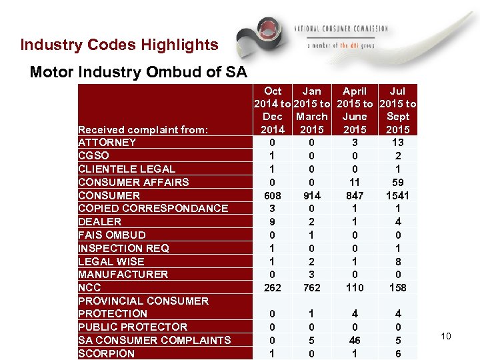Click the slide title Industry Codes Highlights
[x=119, y=45]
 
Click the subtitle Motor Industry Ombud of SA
[x=138, y=72]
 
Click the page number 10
[x=445, y=336]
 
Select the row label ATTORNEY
[x=107, y=142]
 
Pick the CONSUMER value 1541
[x=397, y=195]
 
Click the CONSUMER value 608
[x=273, y=195]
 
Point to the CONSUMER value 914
[x=311, y=195]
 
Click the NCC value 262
[x=273, y=288]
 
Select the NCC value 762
[x=311, y=288]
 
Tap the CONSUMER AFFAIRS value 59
[x=397, y=182]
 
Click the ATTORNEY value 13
[x=397, y=142]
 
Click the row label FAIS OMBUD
[x=112, y=235]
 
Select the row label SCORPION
[x=106, y=354]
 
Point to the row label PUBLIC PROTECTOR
[x=133, y=327]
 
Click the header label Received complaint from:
[x=143, y=129]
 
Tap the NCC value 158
[x=397, y=288]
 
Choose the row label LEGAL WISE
[x=111, y=261]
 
